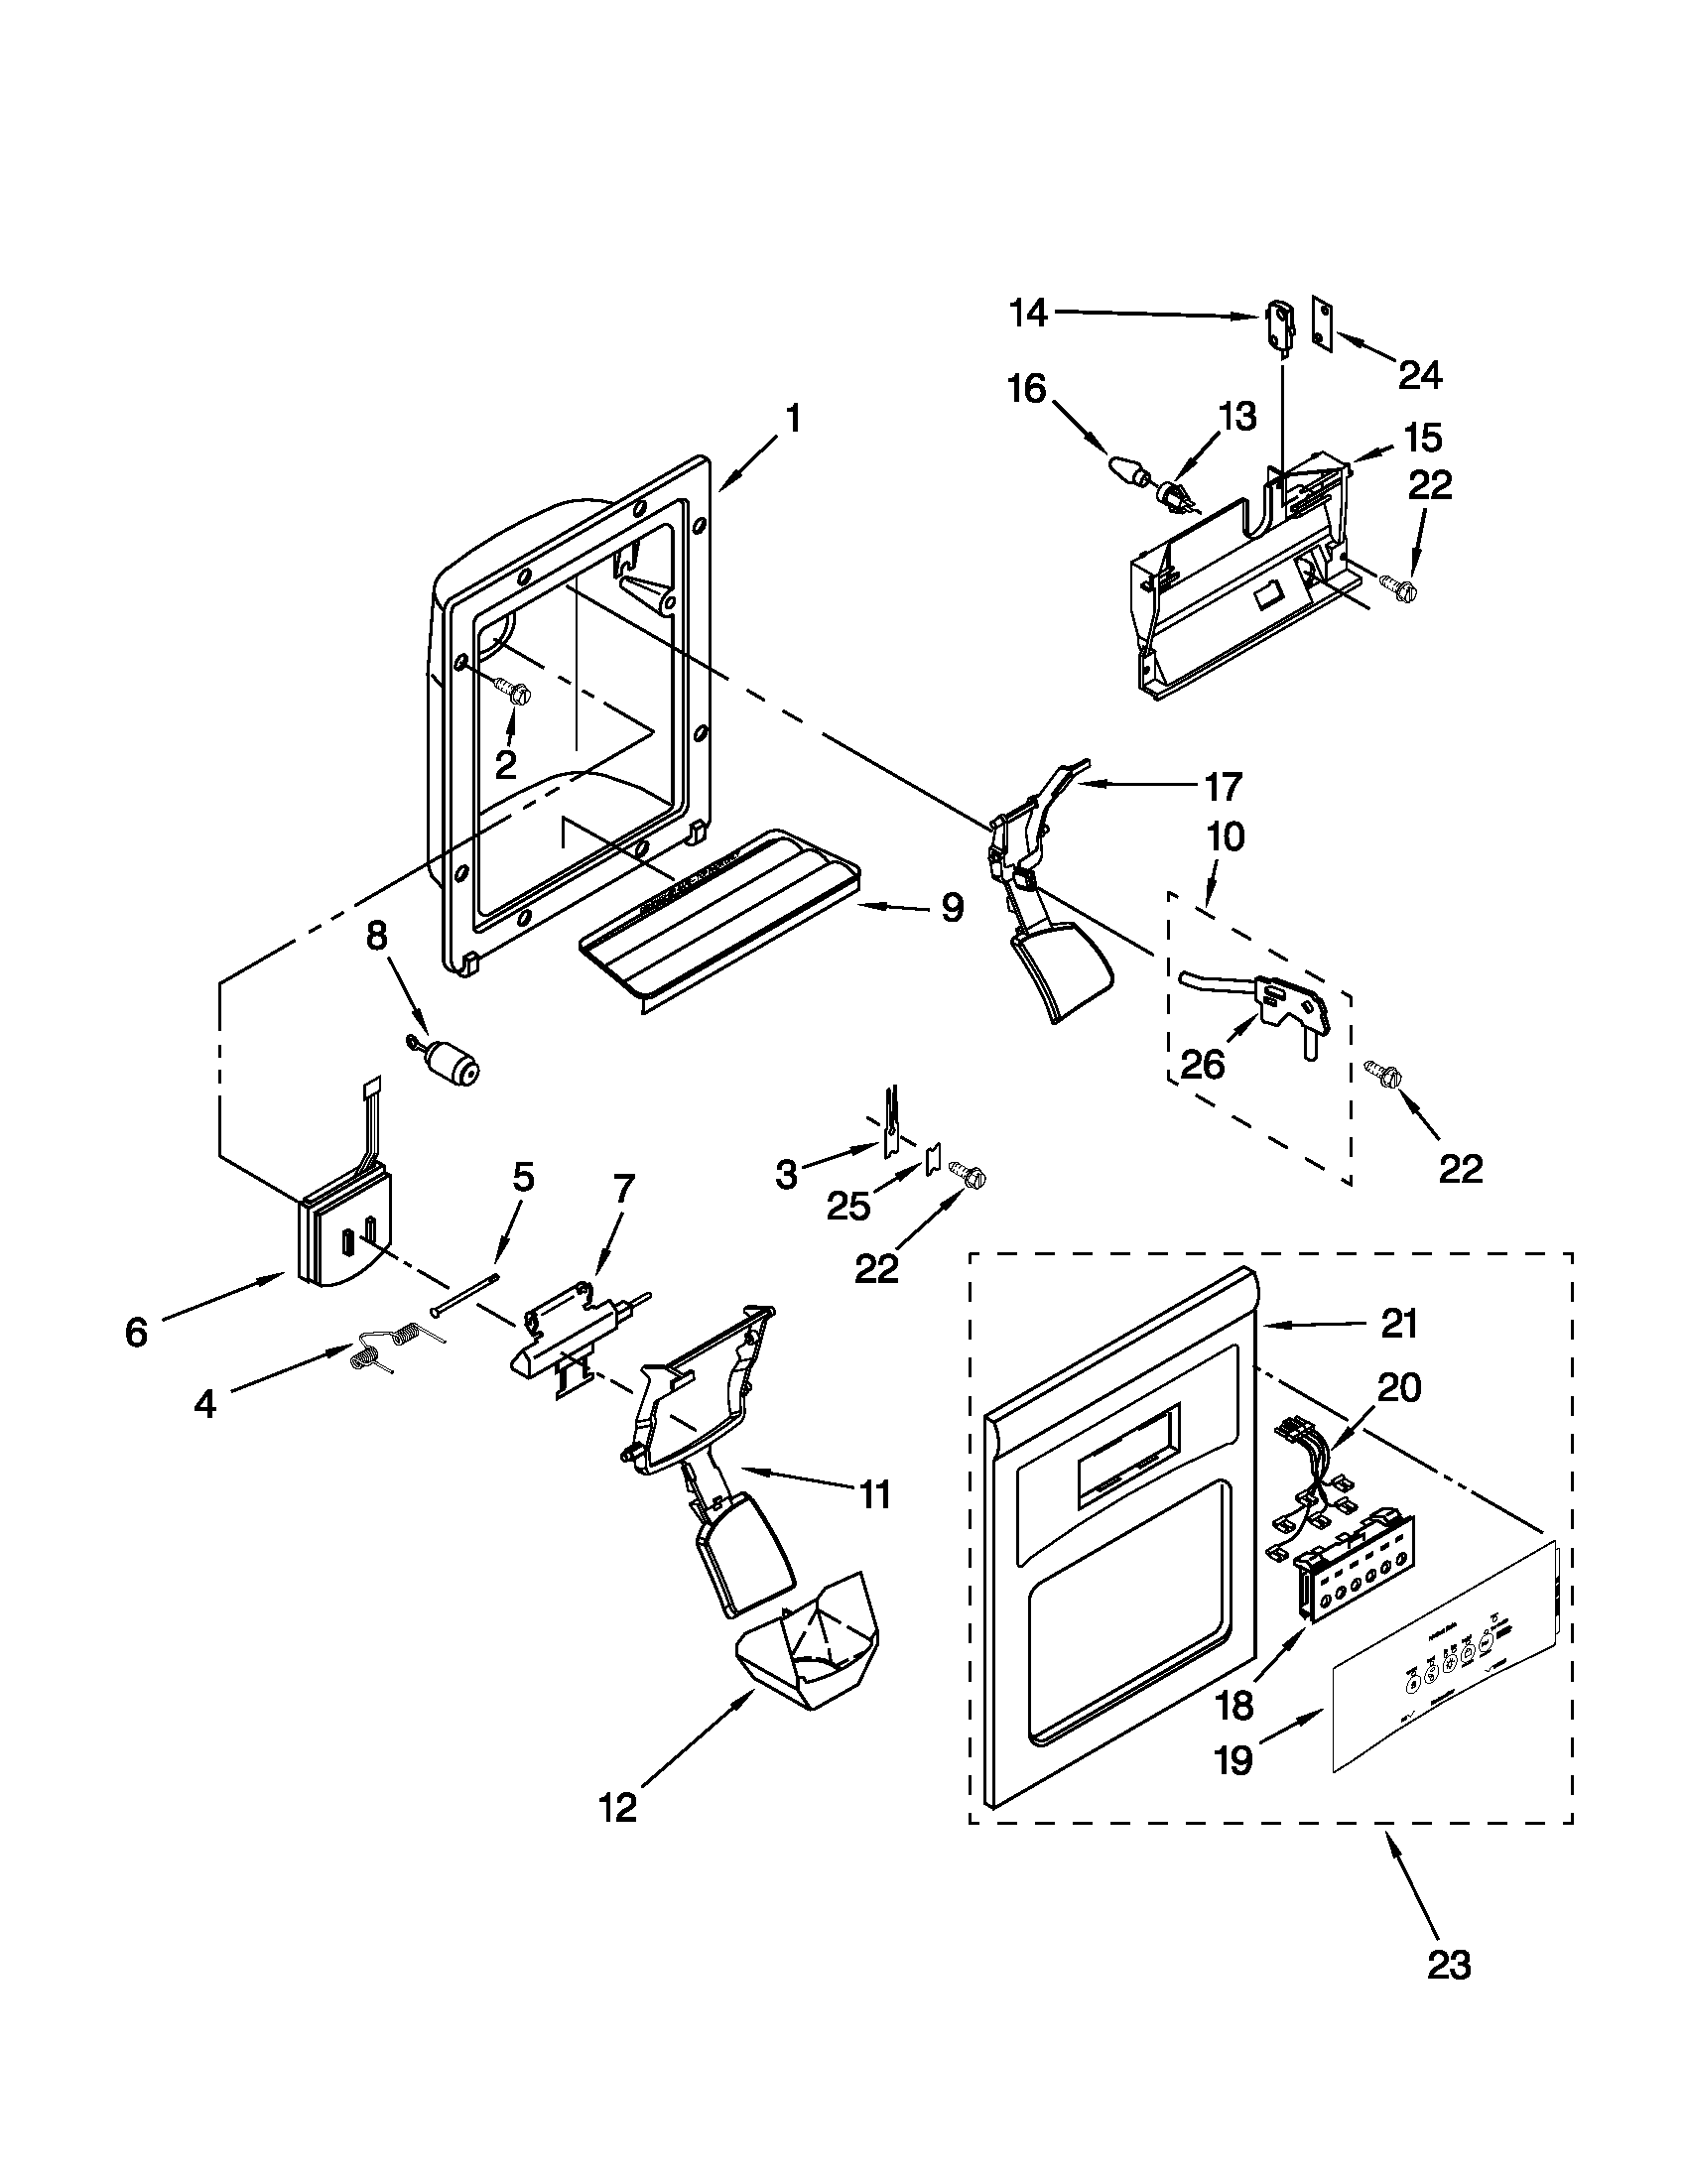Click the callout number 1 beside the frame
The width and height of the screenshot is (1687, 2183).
click(x=793, y=419)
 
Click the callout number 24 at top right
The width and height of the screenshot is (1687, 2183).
click(x=1420, y=376)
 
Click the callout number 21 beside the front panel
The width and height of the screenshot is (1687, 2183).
click(x=1399, y=1325)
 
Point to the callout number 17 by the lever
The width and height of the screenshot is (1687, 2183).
click(x=1222, y=787)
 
